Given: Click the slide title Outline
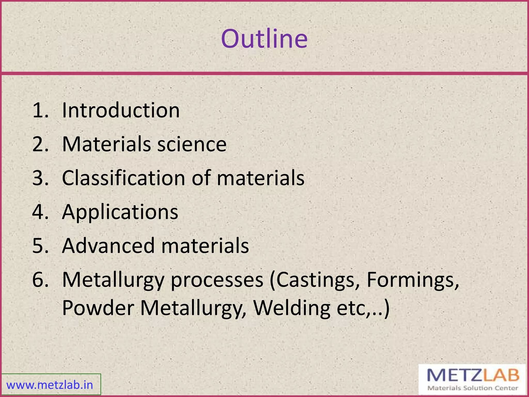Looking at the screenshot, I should [x=264, y=39].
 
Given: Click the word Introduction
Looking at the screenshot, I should [x=121, y=110].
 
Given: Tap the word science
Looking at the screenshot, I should [x=192, y=144].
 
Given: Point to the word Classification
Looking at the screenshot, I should [x=123, y=178].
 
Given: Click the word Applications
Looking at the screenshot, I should [x=120, y=212].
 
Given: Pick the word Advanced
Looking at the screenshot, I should [x=108, y=246].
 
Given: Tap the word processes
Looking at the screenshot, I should [x=217, y=280].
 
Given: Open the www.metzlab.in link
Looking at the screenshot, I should [x=50, y=385].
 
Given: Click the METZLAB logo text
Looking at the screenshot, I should [x=473, y=375].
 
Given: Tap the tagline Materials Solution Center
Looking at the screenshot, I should [x=473, y=388].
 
